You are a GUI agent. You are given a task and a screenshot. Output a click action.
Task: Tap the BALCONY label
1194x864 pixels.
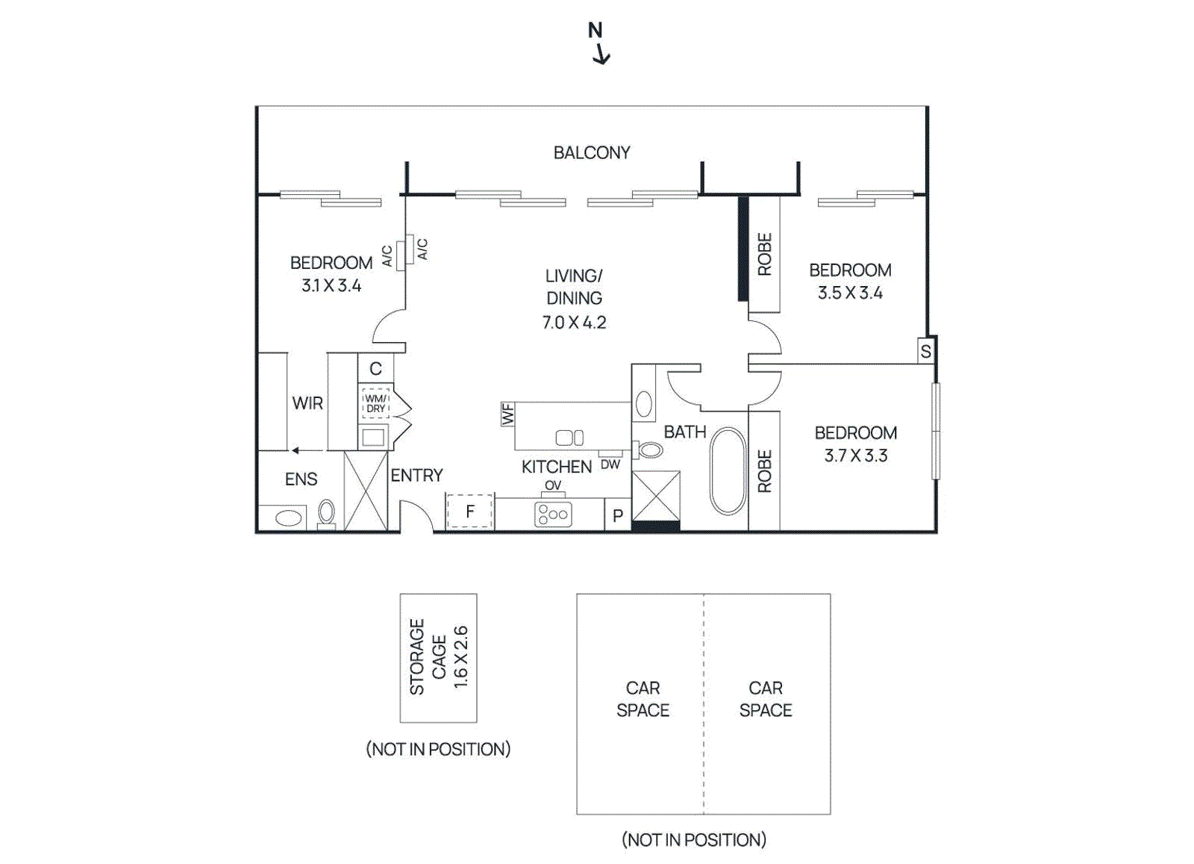coord(591,153)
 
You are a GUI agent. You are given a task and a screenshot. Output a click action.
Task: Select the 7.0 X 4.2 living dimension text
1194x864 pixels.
coord(574,323)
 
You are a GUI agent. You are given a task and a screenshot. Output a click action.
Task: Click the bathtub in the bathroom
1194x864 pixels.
coord(728,471)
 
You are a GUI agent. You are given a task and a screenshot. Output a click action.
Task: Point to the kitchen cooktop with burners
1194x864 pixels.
coord(553,515)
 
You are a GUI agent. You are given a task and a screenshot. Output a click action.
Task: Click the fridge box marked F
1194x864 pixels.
coord(469,512)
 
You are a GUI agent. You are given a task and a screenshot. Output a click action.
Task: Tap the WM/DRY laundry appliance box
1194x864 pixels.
coord(375,404)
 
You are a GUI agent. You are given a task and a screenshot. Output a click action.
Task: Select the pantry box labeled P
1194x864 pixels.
coord(617,516)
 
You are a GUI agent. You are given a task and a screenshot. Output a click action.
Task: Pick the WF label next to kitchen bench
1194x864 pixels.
coord(508,414)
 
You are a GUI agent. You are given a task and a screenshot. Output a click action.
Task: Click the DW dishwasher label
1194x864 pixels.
coord(610,464)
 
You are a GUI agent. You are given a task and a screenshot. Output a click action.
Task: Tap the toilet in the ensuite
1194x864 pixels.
coord(326,512)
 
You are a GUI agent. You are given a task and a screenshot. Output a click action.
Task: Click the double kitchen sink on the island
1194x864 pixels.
coord(570,438)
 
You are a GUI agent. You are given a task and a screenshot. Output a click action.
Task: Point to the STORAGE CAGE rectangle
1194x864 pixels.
coord(438,658)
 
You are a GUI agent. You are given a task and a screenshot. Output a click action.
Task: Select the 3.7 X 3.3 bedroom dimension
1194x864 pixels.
coord(856,456)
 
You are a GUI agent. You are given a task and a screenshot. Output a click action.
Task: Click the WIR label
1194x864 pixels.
coord(307,403)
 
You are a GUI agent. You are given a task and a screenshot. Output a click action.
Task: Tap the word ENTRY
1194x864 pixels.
coord(416,476)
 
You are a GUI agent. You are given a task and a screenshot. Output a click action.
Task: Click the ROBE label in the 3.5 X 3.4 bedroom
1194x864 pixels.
coord(764,254)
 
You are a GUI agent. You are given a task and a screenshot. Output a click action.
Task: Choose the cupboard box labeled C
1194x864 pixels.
coord(375,369)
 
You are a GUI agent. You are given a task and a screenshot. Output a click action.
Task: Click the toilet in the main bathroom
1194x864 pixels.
coord(650,450)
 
